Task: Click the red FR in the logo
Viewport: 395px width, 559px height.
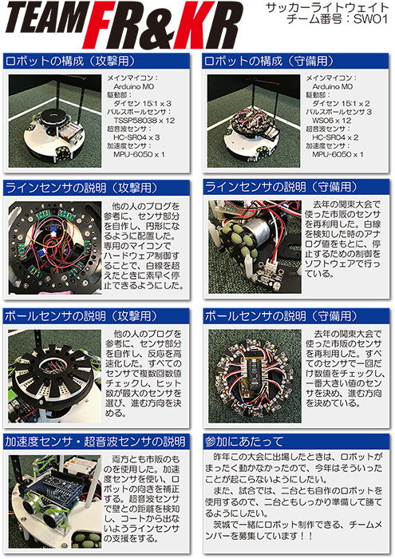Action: (123, 26)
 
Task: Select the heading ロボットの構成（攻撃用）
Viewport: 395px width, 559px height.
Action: (70, 61)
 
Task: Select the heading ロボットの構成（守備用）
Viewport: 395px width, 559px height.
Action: (269, 61)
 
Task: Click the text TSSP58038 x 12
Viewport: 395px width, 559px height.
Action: (144, 121)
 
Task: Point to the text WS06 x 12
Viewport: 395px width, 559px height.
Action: (332, 121)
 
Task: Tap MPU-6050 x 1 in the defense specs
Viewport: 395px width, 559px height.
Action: (338, 154)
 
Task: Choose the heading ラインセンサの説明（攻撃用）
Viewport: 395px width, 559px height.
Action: (81, 188)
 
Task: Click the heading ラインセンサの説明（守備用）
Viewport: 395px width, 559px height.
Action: (281, 187)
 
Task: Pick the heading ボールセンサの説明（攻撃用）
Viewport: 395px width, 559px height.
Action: (81, 316)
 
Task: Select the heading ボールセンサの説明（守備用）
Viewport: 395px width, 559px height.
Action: (281, 316)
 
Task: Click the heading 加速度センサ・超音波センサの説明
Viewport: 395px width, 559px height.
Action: (95, 442)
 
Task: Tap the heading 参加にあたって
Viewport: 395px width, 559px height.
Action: (244, 442)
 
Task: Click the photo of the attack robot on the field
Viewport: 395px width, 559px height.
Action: (55, 121)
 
